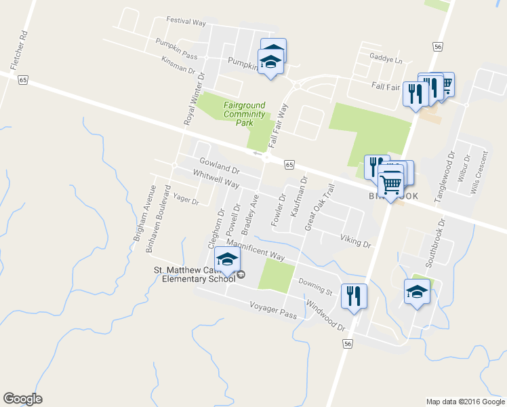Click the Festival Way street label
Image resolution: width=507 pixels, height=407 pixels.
click(x=186, y=22)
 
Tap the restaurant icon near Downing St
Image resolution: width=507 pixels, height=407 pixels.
click(x=354, y=296)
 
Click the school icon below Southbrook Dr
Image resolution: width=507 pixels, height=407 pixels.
click(x=417, y=292)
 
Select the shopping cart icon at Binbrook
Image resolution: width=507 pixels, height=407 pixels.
click(x=391, y=183)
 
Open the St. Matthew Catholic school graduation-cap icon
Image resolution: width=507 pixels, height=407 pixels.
click(x=228, y=260)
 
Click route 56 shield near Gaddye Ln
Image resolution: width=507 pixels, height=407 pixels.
click(x=439, y=46)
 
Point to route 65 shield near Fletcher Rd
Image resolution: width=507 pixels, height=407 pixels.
click(x=23, y=79)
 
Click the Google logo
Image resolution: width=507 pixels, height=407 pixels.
click(x=22, y=399)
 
